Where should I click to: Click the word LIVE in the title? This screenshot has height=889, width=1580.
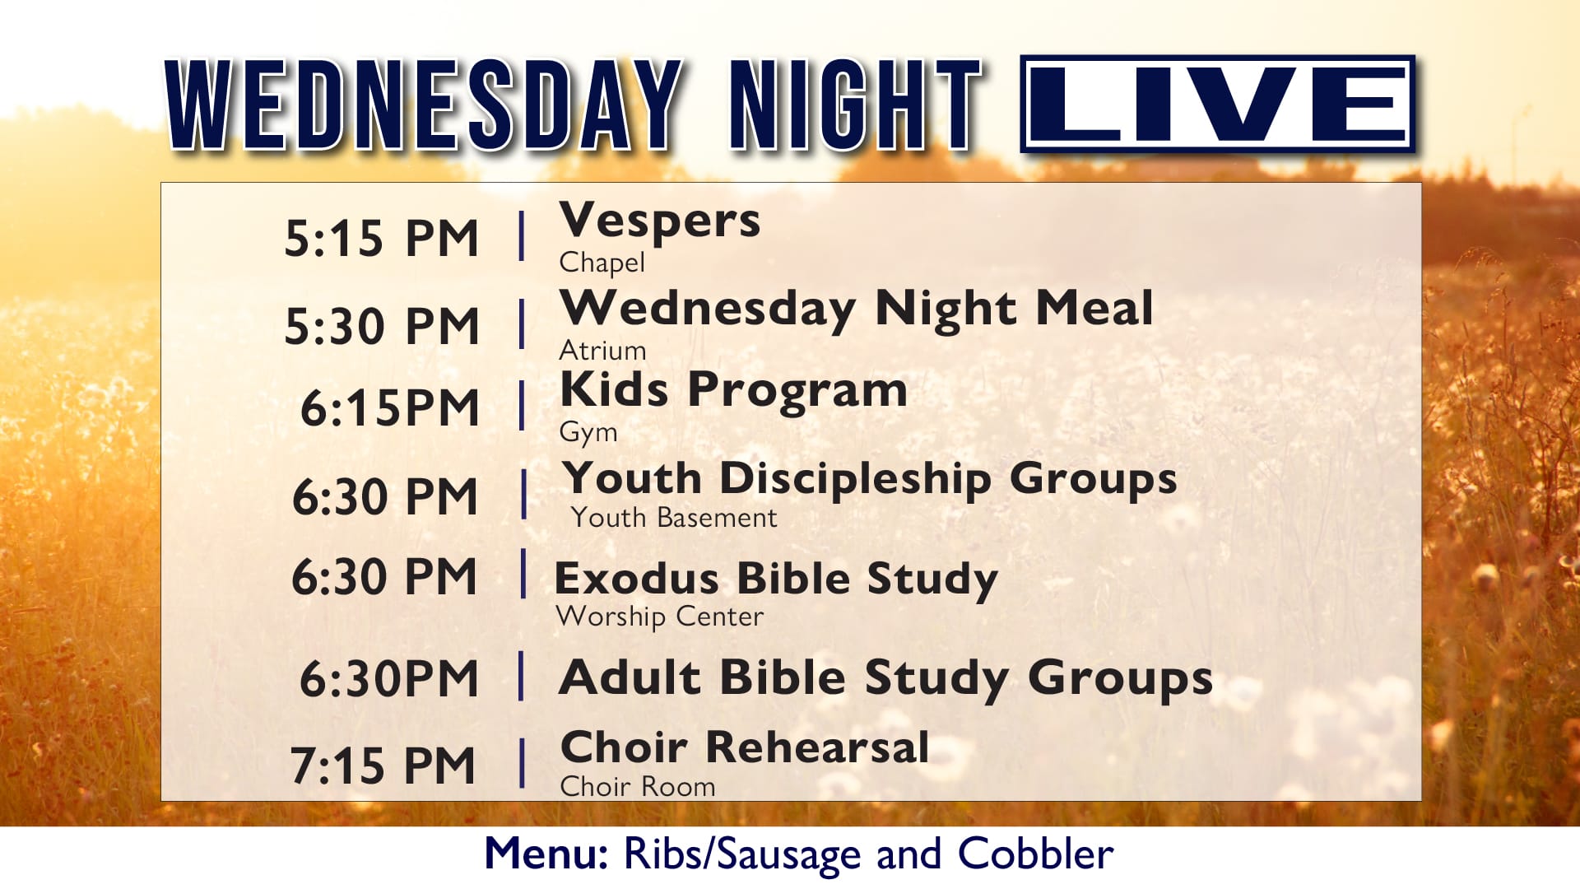click(1217, 104)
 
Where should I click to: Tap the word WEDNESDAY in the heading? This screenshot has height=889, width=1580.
click(425, 105)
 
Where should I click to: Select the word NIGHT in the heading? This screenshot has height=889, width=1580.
click(856, 105)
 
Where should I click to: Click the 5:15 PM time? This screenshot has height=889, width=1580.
click(381, 239)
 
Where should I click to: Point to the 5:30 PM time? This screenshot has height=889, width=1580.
click(381, 326)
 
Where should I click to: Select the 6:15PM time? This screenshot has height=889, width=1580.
click(389, 407)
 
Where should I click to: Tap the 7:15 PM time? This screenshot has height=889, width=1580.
click(383, 766)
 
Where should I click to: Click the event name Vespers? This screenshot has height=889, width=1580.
click(660, 221)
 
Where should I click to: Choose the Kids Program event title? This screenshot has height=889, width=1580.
click(733, 390)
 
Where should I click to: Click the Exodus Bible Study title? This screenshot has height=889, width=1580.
click(776, 579)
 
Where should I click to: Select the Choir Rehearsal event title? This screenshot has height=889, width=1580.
click(745, 747)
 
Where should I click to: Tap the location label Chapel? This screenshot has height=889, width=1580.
click(602, 263)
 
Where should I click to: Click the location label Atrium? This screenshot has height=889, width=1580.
click(602, 351)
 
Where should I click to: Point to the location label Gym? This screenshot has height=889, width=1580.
click(588, 432)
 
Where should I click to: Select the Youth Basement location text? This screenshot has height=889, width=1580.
click(674, 518)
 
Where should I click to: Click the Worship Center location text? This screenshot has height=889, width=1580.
click(660, 617)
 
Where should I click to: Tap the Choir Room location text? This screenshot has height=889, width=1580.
click(638, 786)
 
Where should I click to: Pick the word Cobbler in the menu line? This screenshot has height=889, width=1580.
click(1036, 854)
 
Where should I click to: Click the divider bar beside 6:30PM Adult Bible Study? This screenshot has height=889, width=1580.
click(521, 676)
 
